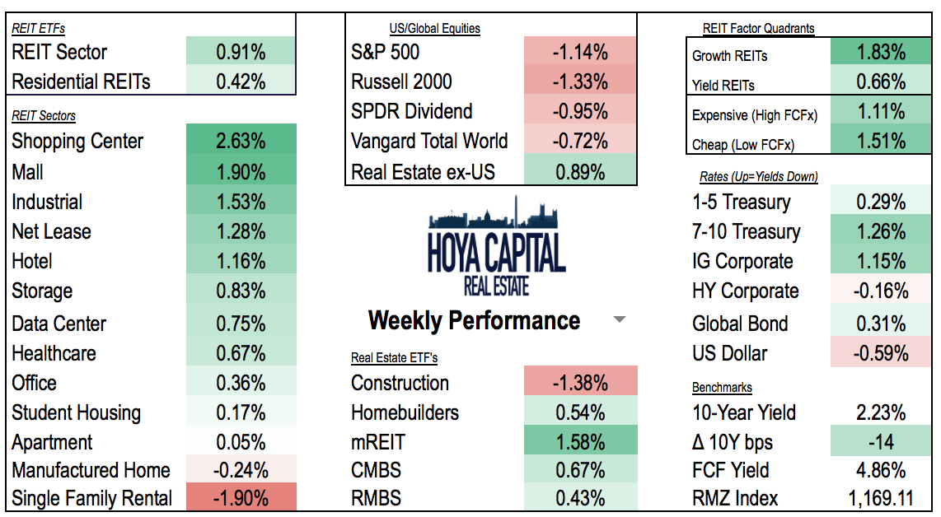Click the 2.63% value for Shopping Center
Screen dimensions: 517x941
pyautogui.click(x=241, y=141)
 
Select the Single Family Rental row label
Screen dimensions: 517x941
pyautogui.click(x=92, y=498)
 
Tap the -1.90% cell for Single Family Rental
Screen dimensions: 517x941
pyautogui.click(x=241, y=498)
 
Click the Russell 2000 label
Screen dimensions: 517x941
pyautogui.click(x=401, y=82)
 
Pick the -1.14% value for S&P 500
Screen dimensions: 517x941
pyautogui.click(x=580, y=52)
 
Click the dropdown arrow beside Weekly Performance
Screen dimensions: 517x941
pyautogui.click(x=620, y=320)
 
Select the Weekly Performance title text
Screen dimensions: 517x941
pyautogui.click(x=474, y=320)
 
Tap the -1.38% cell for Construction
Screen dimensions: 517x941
pyautogui.click(x=580, y=383)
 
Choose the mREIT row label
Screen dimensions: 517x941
pyautogui.click(x=378, y=442)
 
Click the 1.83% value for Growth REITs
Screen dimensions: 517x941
pyautogui.click(x=881, y=53)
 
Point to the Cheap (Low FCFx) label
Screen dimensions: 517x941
pyautogui.click(x=743, y=145)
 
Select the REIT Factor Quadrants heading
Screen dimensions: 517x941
pyautogui.click(x=758, y=28)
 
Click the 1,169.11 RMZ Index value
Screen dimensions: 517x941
pyautogui.click(x=881, y=498)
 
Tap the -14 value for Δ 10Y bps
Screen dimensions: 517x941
pyautogui.click(x=881, y=442)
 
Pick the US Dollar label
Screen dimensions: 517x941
pyautogui.click(x=730, y=353)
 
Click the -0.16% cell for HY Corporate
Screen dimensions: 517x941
pyautogui.click(x=881, y=291)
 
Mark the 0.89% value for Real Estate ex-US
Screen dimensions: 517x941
pyautogui.click(x=580, y=171)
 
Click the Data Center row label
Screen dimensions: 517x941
pyautogui.click(x=59, y=324)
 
